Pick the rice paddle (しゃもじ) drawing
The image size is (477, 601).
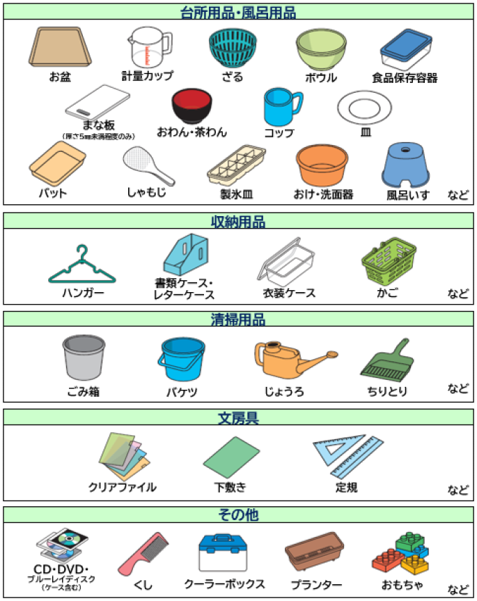(x=144, y=166)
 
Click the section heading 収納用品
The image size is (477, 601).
(x=238, y=221)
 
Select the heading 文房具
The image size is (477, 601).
(x=238, y=418)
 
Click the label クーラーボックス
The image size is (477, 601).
(x=224, y=584)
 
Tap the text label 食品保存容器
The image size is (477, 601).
(x=405, y=77)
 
